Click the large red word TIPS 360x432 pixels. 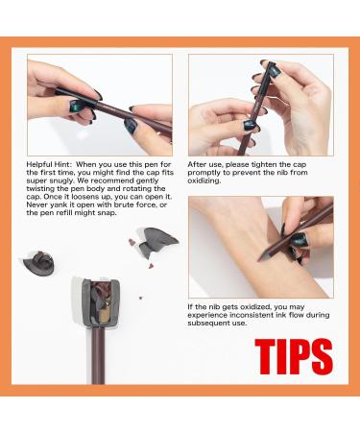tap(294, 356)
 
